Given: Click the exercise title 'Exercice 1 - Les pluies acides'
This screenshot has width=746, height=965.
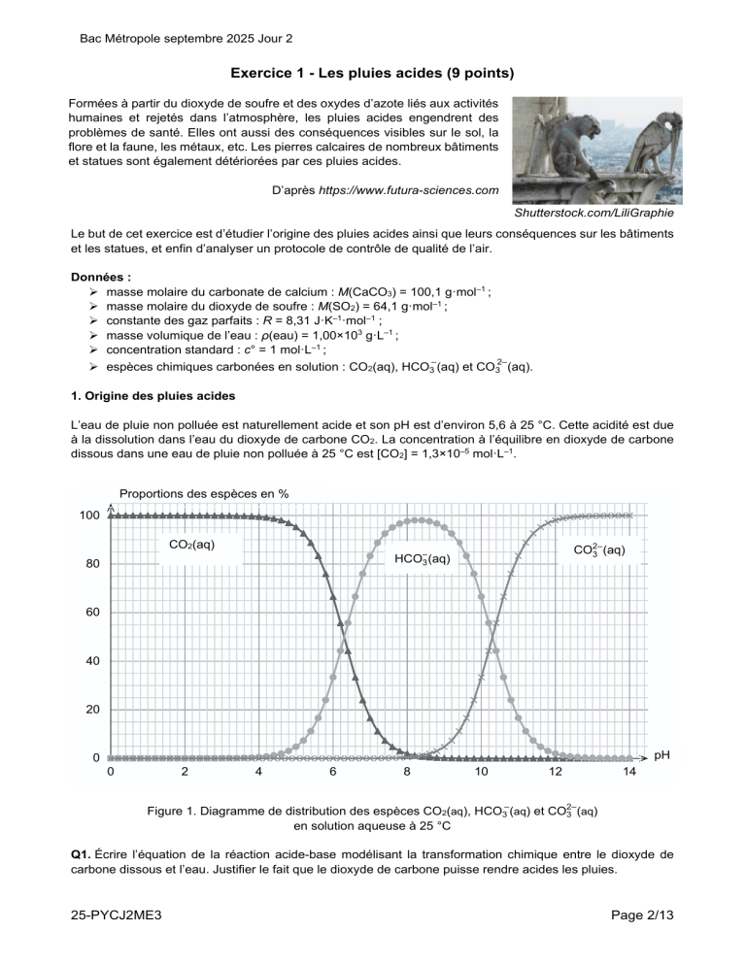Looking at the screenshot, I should (x=372, y=74).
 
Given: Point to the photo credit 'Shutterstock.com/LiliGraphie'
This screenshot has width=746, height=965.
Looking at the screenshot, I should (x=593, y=212).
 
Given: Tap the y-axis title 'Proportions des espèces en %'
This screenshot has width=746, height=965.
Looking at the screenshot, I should (x=202, y=493).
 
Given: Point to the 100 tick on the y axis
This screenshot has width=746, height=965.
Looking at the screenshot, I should (x=88, y=515).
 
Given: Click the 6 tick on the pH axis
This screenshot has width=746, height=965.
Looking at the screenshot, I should (x=332, y=772).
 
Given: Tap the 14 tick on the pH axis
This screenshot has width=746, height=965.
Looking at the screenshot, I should (x=629, y=772).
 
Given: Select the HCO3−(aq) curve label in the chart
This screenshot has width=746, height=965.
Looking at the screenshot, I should (x=422, y=557).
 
